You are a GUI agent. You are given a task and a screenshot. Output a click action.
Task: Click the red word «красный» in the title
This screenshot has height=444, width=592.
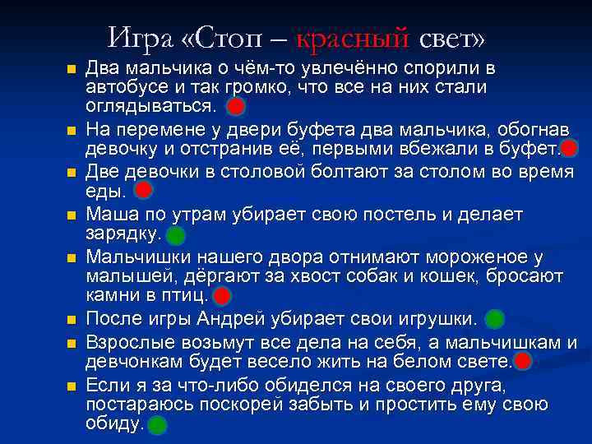[x=352, y=37]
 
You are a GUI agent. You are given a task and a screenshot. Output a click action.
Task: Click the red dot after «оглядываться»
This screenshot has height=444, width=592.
[x=235, y=106]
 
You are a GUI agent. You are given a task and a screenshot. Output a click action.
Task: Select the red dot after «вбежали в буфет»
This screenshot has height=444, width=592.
[x=570, y=149]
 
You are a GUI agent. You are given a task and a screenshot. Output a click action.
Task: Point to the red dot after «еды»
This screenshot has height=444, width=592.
[x=143, y=192]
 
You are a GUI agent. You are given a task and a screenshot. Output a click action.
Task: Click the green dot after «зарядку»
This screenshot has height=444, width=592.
[x=175, y=235]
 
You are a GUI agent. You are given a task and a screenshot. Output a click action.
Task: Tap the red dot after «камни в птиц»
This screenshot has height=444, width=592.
[x=222, y=296]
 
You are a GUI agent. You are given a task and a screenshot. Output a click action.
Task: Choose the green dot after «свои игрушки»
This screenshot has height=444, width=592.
[x=495, y=318]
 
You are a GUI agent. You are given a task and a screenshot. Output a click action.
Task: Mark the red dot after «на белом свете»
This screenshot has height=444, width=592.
[x=521, y=361]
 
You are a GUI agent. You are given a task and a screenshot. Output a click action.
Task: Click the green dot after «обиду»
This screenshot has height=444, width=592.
[x=157, y=424]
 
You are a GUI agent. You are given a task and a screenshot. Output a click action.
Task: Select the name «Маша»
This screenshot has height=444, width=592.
[x=110, y=215]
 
